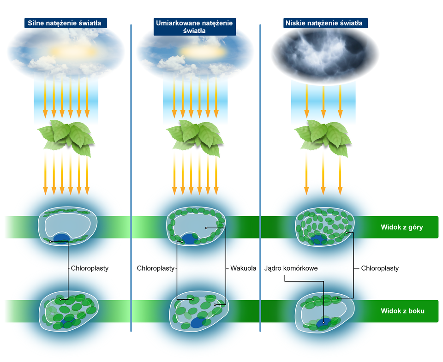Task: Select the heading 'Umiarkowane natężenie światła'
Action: point(194,27)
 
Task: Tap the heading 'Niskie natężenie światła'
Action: point(323,23)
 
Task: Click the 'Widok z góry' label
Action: point(401,227)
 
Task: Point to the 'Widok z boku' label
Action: point(402,311)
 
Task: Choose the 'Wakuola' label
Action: point(243,268)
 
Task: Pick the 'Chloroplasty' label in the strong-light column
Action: point(90,268)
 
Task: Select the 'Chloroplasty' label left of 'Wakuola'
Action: point(156,268)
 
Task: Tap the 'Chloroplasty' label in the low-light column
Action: point(380,268)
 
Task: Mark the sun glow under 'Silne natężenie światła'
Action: point(72,50)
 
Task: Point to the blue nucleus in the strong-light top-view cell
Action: point(61,237)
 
